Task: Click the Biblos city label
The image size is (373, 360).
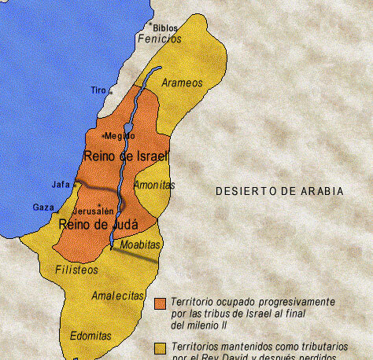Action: [x=165, y=28]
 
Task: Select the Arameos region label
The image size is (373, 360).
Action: [x=182, y=83]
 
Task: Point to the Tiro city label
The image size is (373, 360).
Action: [x=98, y=90]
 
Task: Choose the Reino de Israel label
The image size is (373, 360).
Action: [x=126, y=155]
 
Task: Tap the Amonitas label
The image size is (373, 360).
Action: [x=154, y=186]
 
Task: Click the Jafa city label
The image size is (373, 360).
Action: [x=60, y=185]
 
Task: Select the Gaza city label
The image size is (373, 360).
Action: [x=43, y=207]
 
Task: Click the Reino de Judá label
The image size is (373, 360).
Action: [x=98, y=225]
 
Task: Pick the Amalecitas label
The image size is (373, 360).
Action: [x=116, y=296]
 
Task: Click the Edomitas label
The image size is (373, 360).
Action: [x=90, y=334]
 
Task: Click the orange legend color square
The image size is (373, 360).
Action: [x=161, y=304]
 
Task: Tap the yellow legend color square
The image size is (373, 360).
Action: [x=161, y=347]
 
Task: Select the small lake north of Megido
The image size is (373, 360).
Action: [x=128, y=128]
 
